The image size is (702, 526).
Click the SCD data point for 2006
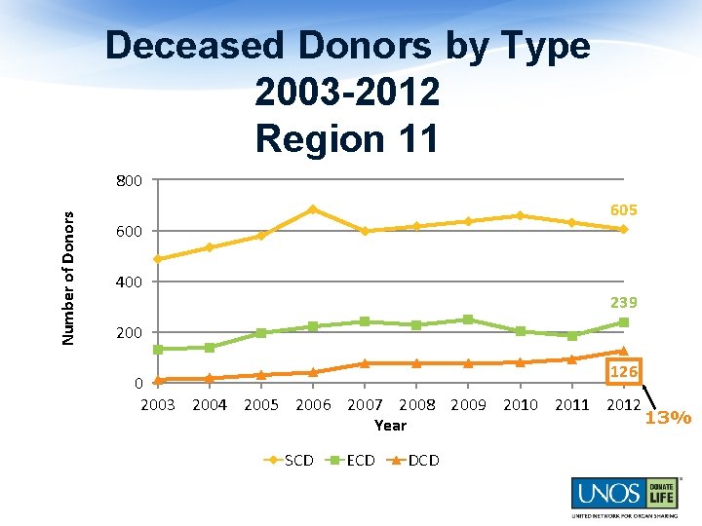pos(313,209)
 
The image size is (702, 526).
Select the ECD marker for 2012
pos(623,322)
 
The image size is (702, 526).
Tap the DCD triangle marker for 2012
pos(623,351)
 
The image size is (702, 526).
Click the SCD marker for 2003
pos(158,259)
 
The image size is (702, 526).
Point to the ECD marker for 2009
pos(468,319)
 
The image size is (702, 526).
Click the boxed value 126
pos(623,371)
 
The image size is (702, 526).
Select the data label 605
pos(624,210)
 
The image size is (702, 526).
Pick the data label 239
pos(624,303)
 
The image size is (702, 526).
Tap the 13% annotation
pos(668,418)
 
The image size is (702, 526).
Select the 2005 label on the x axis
pos(260,404)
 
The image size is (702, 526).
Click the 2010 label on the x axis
pos(520,404)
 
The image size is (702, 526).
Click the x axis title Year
pos(390,426)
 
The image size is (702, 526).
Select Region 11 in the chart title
pos(347,137)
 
